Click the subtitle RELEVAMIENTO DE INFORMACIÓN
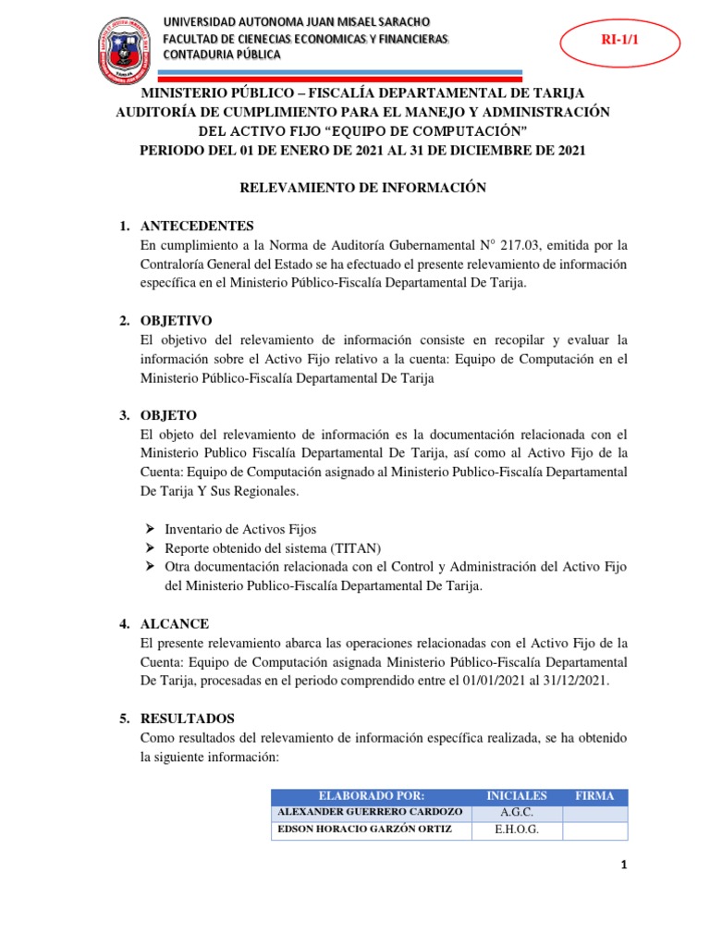362,187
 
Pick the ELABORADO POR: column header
371,796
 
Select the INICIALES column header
517,796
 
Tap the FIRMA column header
594,796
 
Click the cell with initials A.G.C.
517,813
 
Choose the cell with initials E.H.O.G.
517,830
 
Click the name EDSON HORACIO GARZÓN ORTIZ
365,830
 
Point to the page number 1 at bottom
624,866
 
